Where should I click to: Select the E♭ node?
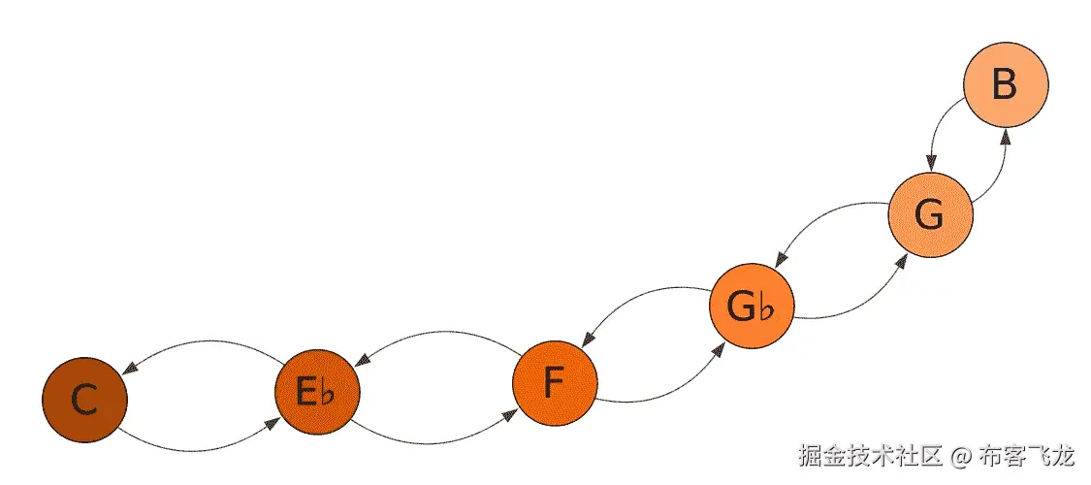coord(317,391)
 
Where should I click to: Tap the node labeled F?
coord(554,384)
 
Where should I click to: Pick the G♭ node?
coord(752,307)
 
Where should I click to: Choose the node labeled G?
coord(930,215)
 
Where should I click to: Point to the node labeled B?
coord(1006,85)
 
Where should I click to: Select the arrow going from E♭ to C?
coord(204,342)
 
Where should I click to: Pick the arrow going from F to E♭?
coord(436,333)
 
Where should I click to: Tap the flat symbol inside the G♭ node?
coord(767,310)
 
